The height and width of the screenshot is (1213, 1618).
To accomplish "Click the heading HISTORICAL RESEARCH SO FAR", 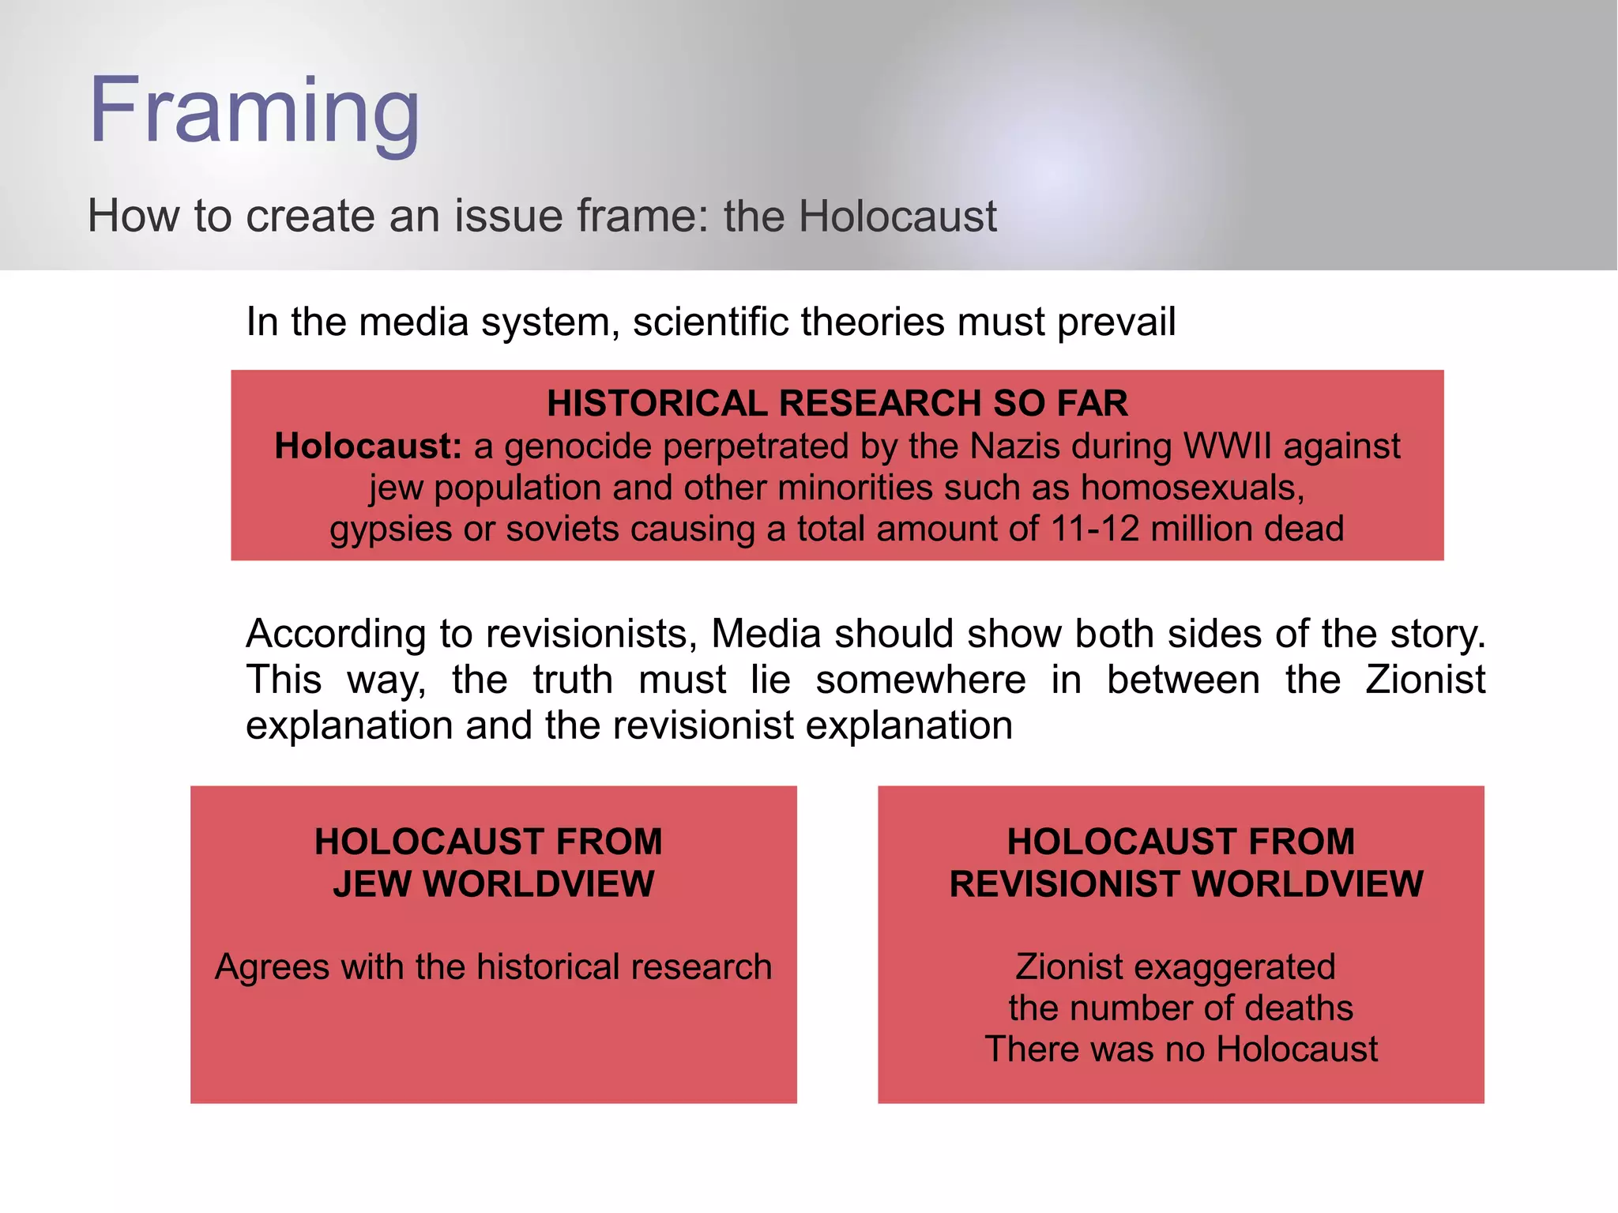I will pos(837,404).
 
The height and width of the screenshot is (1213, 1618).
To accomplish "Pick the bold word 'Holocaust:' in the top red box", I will pos(367,446).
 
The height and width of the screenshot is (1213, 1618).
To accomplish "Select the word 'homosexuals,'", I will pos(1192,488).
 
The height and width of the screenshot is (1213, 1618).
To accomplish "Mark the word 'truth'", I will pos(572,680).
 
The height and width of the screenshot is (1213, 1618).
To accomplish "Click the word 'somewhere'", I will pos(920,680).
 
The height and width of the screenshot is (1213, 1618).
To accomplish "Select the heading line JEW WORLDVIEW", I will pos(494,883).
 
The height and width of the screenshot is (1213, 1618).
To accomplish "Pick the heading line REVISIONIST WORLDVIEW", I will pos(1186,883).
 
